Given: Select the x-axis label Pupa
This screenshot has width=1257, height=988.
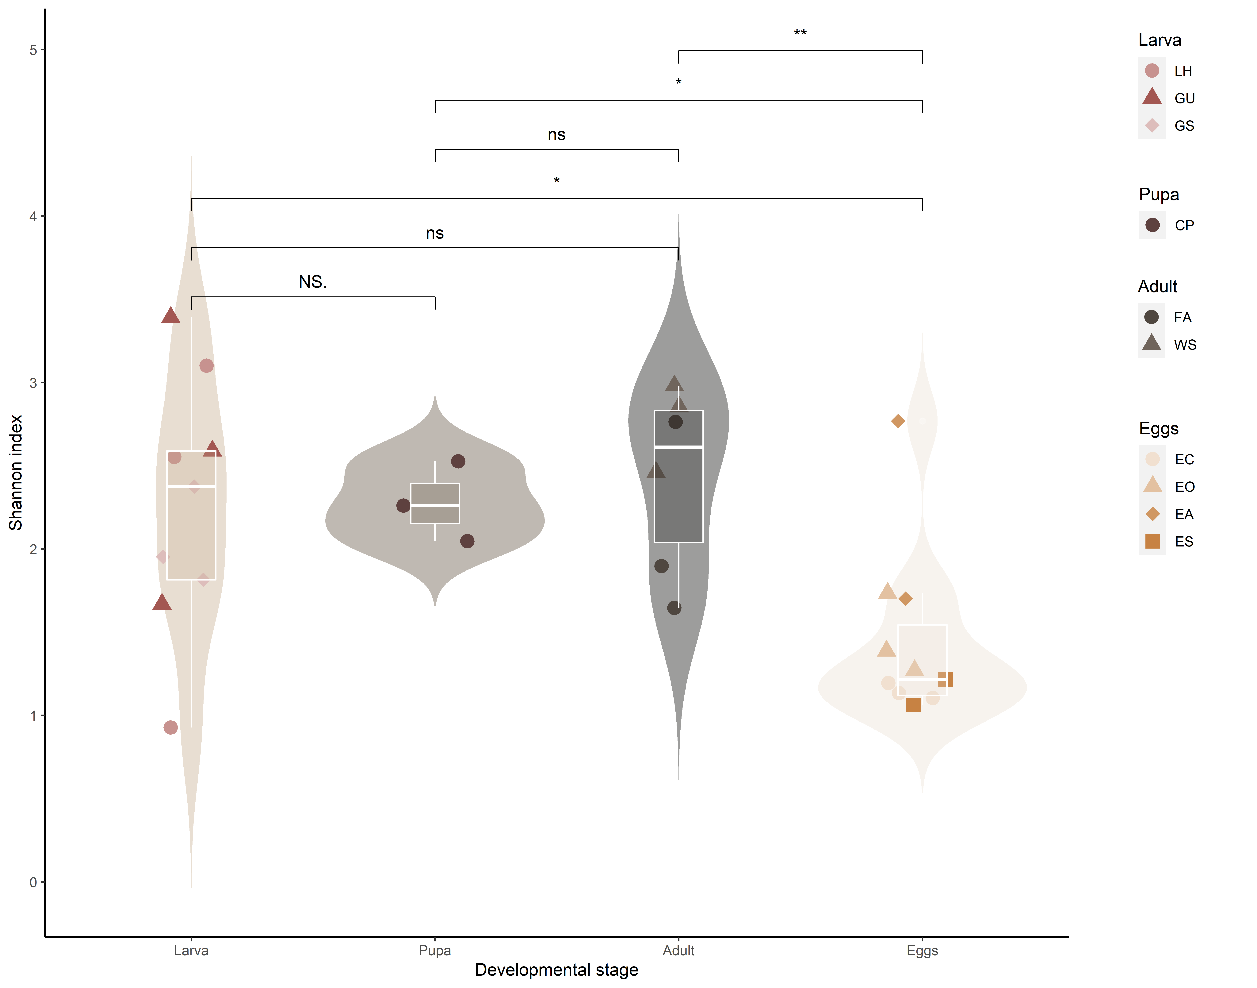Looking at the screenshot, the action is (x=435, y=950).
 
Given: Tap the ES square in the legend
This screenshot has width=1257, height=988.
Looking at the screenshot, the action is (x=1152, y=541).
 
